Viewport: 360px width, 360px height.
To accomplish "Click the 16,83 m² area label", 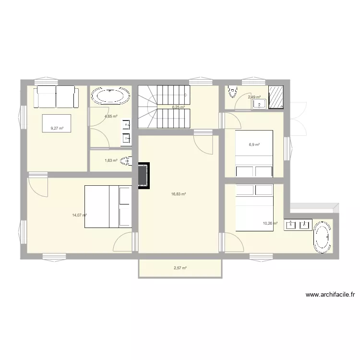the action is coord(179,194).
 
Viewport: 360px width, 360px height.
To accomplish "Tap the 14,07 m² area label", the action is coord(79,215).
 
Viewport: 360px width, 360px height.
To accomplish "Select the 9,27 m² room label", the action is coord(57,128).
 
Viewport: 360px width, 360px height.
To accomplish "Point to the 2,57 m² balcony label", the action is coord(180,268).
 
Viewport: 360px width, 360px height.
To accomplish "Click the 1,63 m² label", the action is coord(111,160).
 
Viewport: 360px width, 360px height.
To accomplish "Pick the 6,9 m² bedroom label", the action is coord(254,144).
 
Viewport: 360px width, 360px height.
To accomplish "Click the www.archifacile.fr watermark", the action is coord(330,295).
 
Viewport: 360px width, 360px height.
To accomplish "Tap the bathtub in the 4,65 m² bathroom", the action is coord(110,96).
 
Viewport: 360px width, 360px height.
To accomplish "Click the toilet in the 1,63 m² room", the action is coord(126,161).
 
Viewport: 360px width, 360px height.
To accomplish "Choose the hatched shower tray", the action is coord(276,97).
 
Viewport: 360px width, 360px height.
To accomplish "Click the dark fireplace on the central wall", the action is coord(144,176).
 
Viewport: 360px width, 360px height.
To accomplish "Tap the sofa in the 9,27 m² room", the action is coord(56,96).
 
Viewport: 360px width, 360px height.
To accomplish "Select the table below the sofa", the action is coord(57,123).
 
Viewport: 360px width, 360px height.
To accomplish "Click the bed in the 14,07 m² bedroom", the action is coord(108,206).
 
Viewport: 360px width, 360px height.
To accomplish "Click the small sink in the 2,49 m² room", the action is coord(259,104).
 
